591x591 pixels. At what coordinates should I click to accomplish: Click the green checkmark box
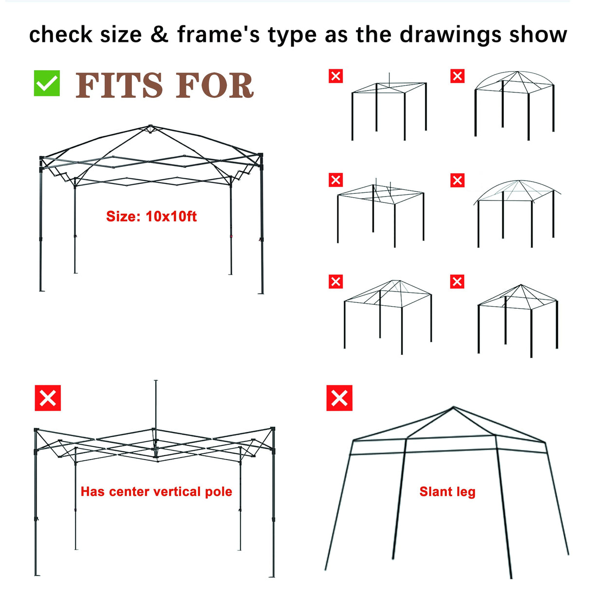[x=47, y=83]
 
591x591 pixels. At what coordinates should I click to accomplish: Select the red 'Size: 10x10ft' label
[x=151, y=217]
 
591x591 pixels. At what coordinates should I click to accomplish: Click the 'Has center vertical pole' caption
[x=156, y=492]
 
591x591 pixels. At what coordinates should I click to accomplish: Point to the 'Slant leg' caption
[x=447, y=492]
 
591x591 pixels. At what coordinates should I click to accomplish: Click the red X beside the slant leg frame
[x=339, y=398]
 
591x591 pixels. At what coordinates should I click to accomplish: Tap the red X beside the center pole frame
[x=48, y=398]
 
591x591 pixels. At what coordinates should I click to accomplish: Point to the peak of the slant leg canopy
[x=453, y=407]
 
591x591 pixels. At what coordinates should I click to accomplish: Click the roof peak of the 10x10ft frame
[x=150, y=127]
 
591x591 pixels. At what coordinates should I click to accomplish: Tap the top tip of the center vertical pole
[x=156, y=381]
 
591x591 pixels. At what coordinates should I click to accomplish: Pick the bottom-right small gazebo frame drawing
[x=517, y=319]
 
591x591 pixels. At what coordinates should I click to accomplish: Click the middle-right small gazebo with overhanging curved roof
[x=517, y=212]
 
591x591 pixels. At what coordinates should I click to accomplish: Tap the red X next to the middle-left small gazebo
[x=336, y=180]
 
